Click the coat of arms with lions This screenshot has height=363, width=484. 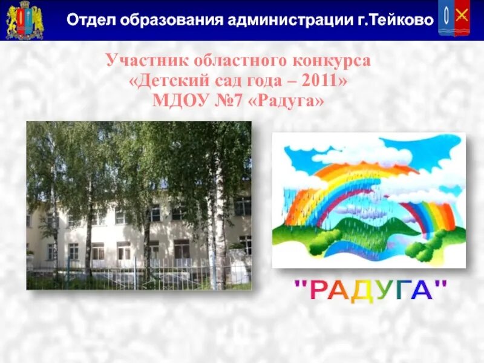[x=25, y=20]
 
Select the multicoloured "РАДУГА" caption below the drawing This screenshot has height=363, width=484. [x=370, y=290]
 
